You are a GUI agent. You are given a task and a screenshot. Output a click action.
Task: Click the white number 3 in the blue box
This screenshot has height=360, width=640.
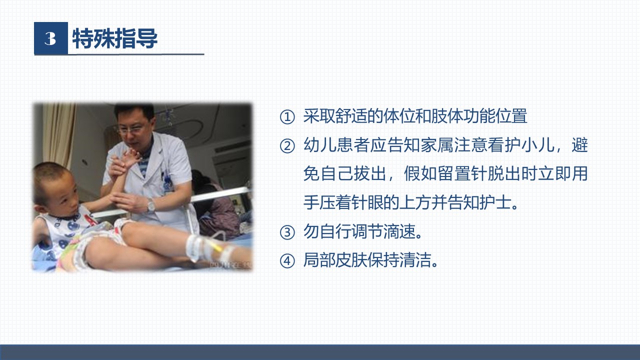(x=50, y=38)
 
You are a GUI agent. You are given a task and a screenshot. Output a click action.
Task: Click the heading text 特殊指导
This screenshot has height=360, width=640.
(x=115, y=38)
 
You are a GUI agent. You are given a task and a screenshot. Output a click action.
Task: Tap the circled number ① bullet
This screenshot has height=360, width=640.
(x=287, y=117)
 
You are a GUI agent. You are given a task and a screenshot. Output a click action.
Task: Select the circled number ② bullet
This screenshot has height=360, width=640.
(x=287, y=146)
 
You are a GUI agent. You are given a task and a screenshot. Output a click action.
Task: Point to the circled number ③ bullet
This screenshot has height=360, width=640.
(x=287, y=232)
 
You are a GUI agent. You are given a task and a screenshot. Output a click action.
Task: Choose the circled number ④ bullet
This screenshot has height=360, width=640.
(x=287, y=261)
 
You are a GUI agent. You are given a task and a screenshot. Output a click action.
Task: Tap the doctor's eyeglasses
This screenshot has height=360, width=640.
(x=131, y=129)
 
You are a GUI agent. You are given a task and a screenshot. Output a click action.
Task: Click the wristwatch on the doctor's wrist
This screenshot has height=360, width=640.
(x=151, y=205)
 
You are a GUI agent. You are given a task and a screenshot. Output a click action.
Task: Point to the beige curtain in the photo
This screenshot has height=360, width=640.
(x=58, y=134)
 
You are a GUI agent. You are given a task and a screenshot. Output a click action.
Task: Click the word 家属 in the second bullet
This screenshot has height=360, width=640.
(x=437, y=145)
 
